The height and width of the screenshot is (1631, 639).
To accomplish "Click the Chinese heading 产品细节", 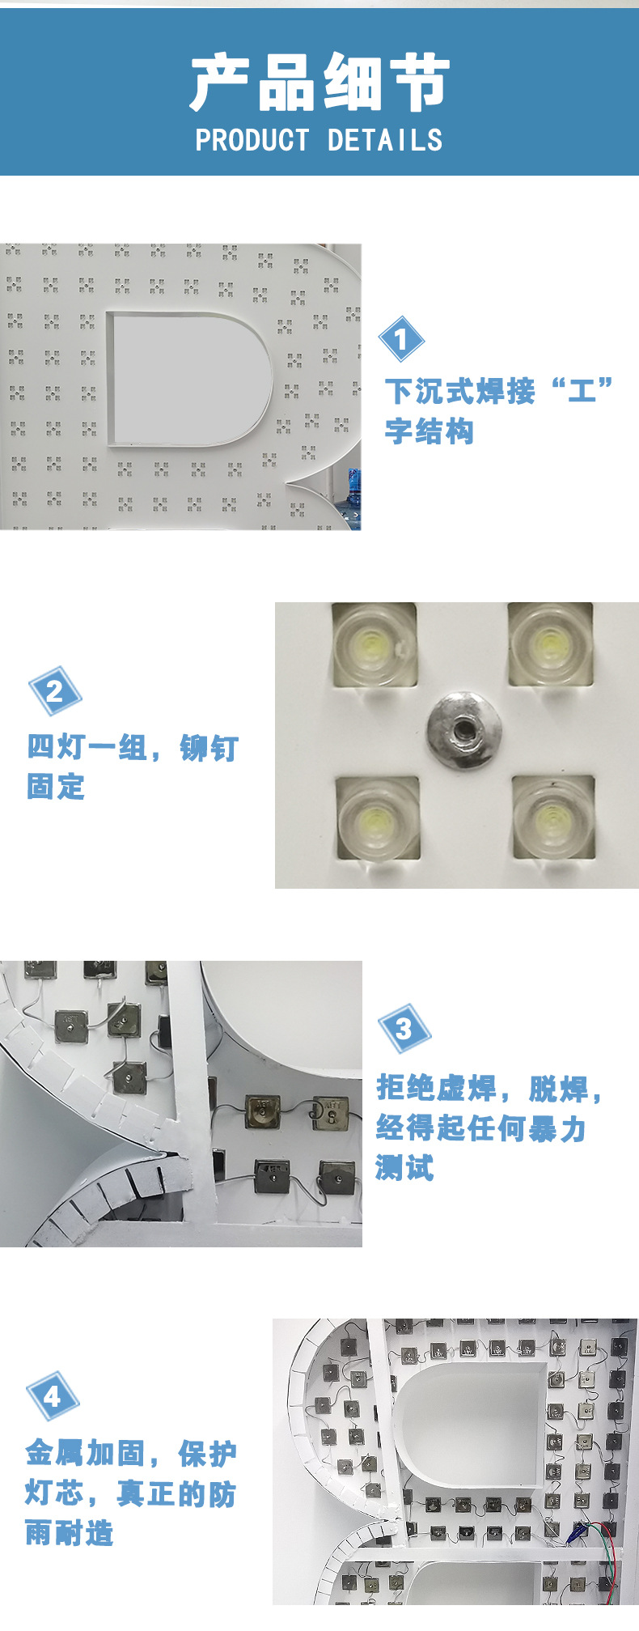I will click(319, 83).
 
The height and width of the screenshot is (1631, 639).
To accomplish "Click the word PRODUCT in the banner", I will click(252, 141).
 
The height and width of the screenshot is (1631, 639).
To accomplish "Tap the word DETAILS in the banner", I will click(385, 141).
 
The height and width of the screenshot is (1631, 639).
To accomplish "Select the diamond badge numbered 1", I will click(401, 339).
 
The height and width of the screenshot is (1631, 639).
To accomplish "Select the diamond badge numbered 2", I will click(55, 690).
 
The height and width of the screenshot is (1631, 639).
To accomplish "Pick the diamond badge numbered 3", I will click(404, 1029).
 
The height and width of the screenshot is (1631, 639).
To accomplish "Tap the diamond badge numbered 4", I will click(53, 1395).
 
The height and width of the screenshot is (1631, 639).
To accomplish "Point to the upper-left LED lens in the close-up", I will click(373, 644).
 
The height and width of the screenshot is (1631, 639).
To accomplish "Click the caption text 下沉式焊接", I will click(459, 392).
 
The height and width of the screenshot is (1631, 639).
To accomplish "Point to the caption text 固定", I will click(56, 787).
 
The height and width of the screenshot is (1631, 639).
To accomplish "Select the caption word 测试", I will click(404, 1167).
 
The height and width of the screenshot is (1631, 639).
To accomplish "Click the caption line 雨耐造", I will click(70, 1532).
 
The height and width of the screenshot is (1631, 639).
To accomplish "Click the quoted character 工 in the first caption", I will click(582, 392).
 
